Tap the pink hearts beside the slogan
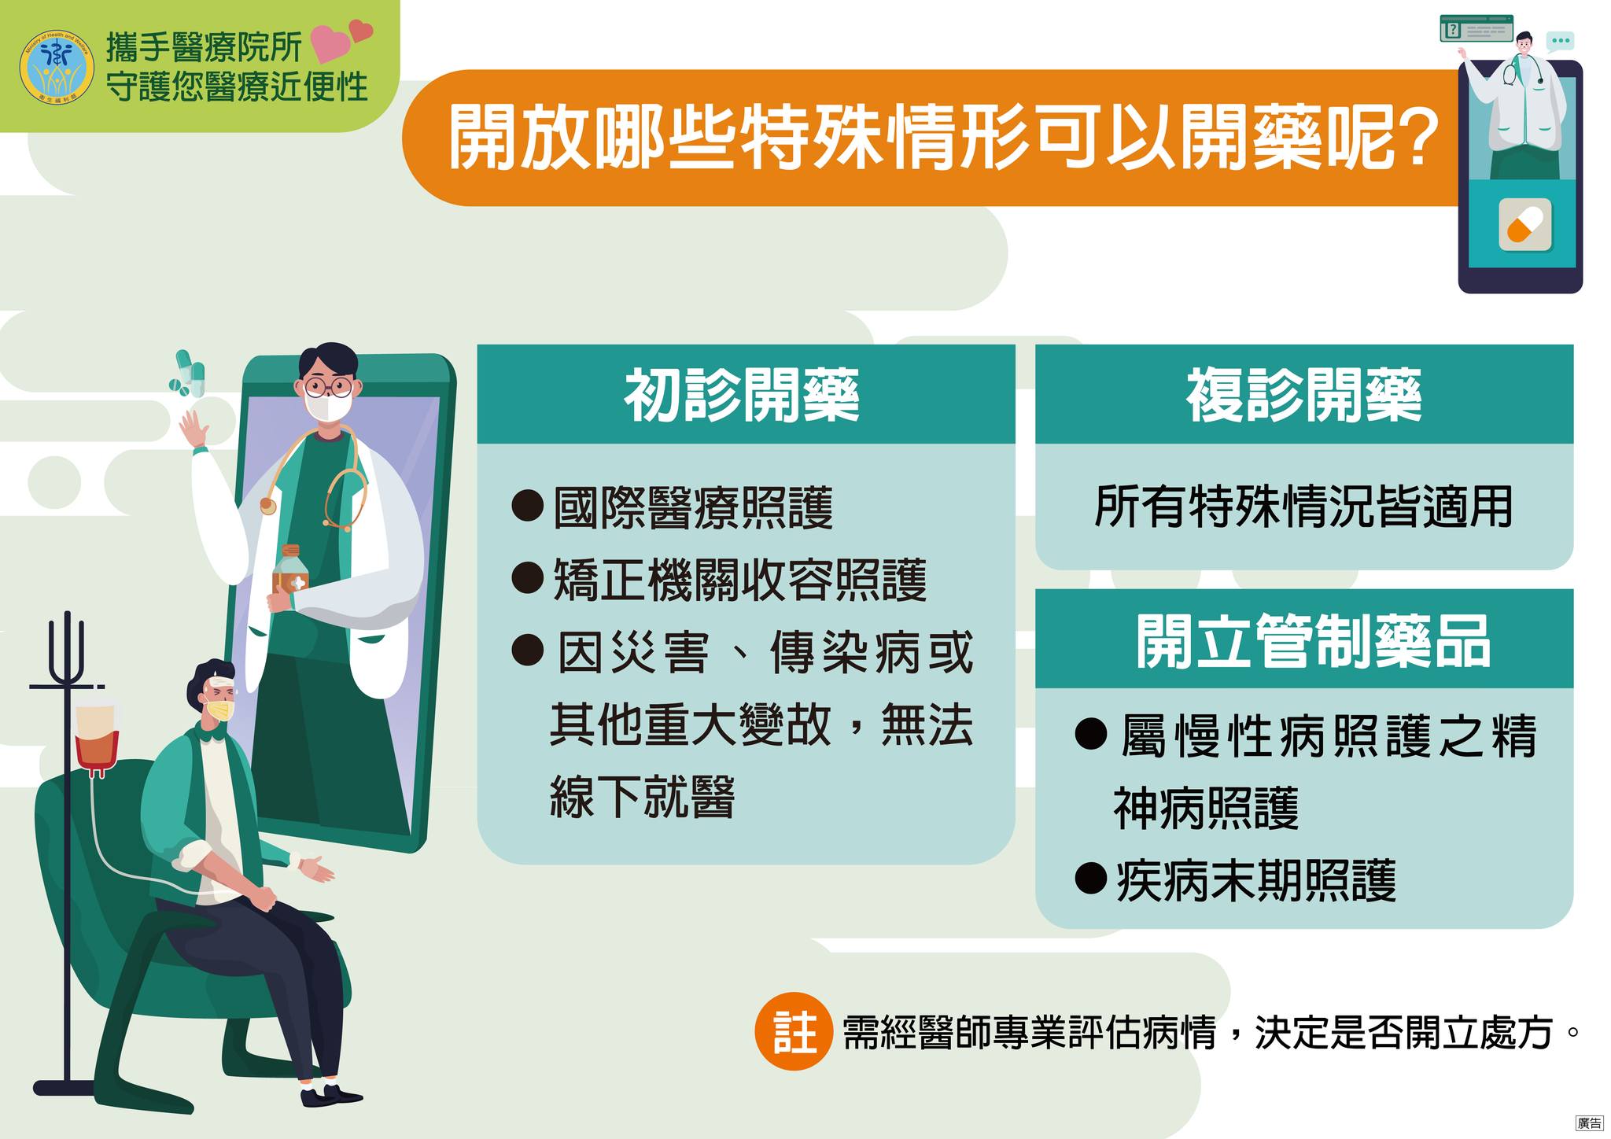[341, 41]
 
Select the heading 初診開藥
[742, 395]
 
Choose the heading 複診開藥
[1303, 395]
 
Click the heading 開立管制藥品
[1313, 642]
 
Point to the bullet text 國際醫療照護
[693, 507]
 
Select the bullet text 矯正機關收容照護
[740, 580]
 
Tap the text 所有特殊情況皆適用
[1303, 507]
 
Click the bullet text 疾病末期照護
[1256, 880]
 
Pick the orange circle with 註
[793, 1031]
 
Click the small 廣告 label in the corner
[1589, 1123]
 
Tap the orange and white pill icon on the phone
[1525, 225]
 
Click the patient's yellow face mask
[220, 711]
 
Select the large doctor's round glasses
[328, 386]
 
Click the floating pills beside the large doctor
[189, 374]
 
